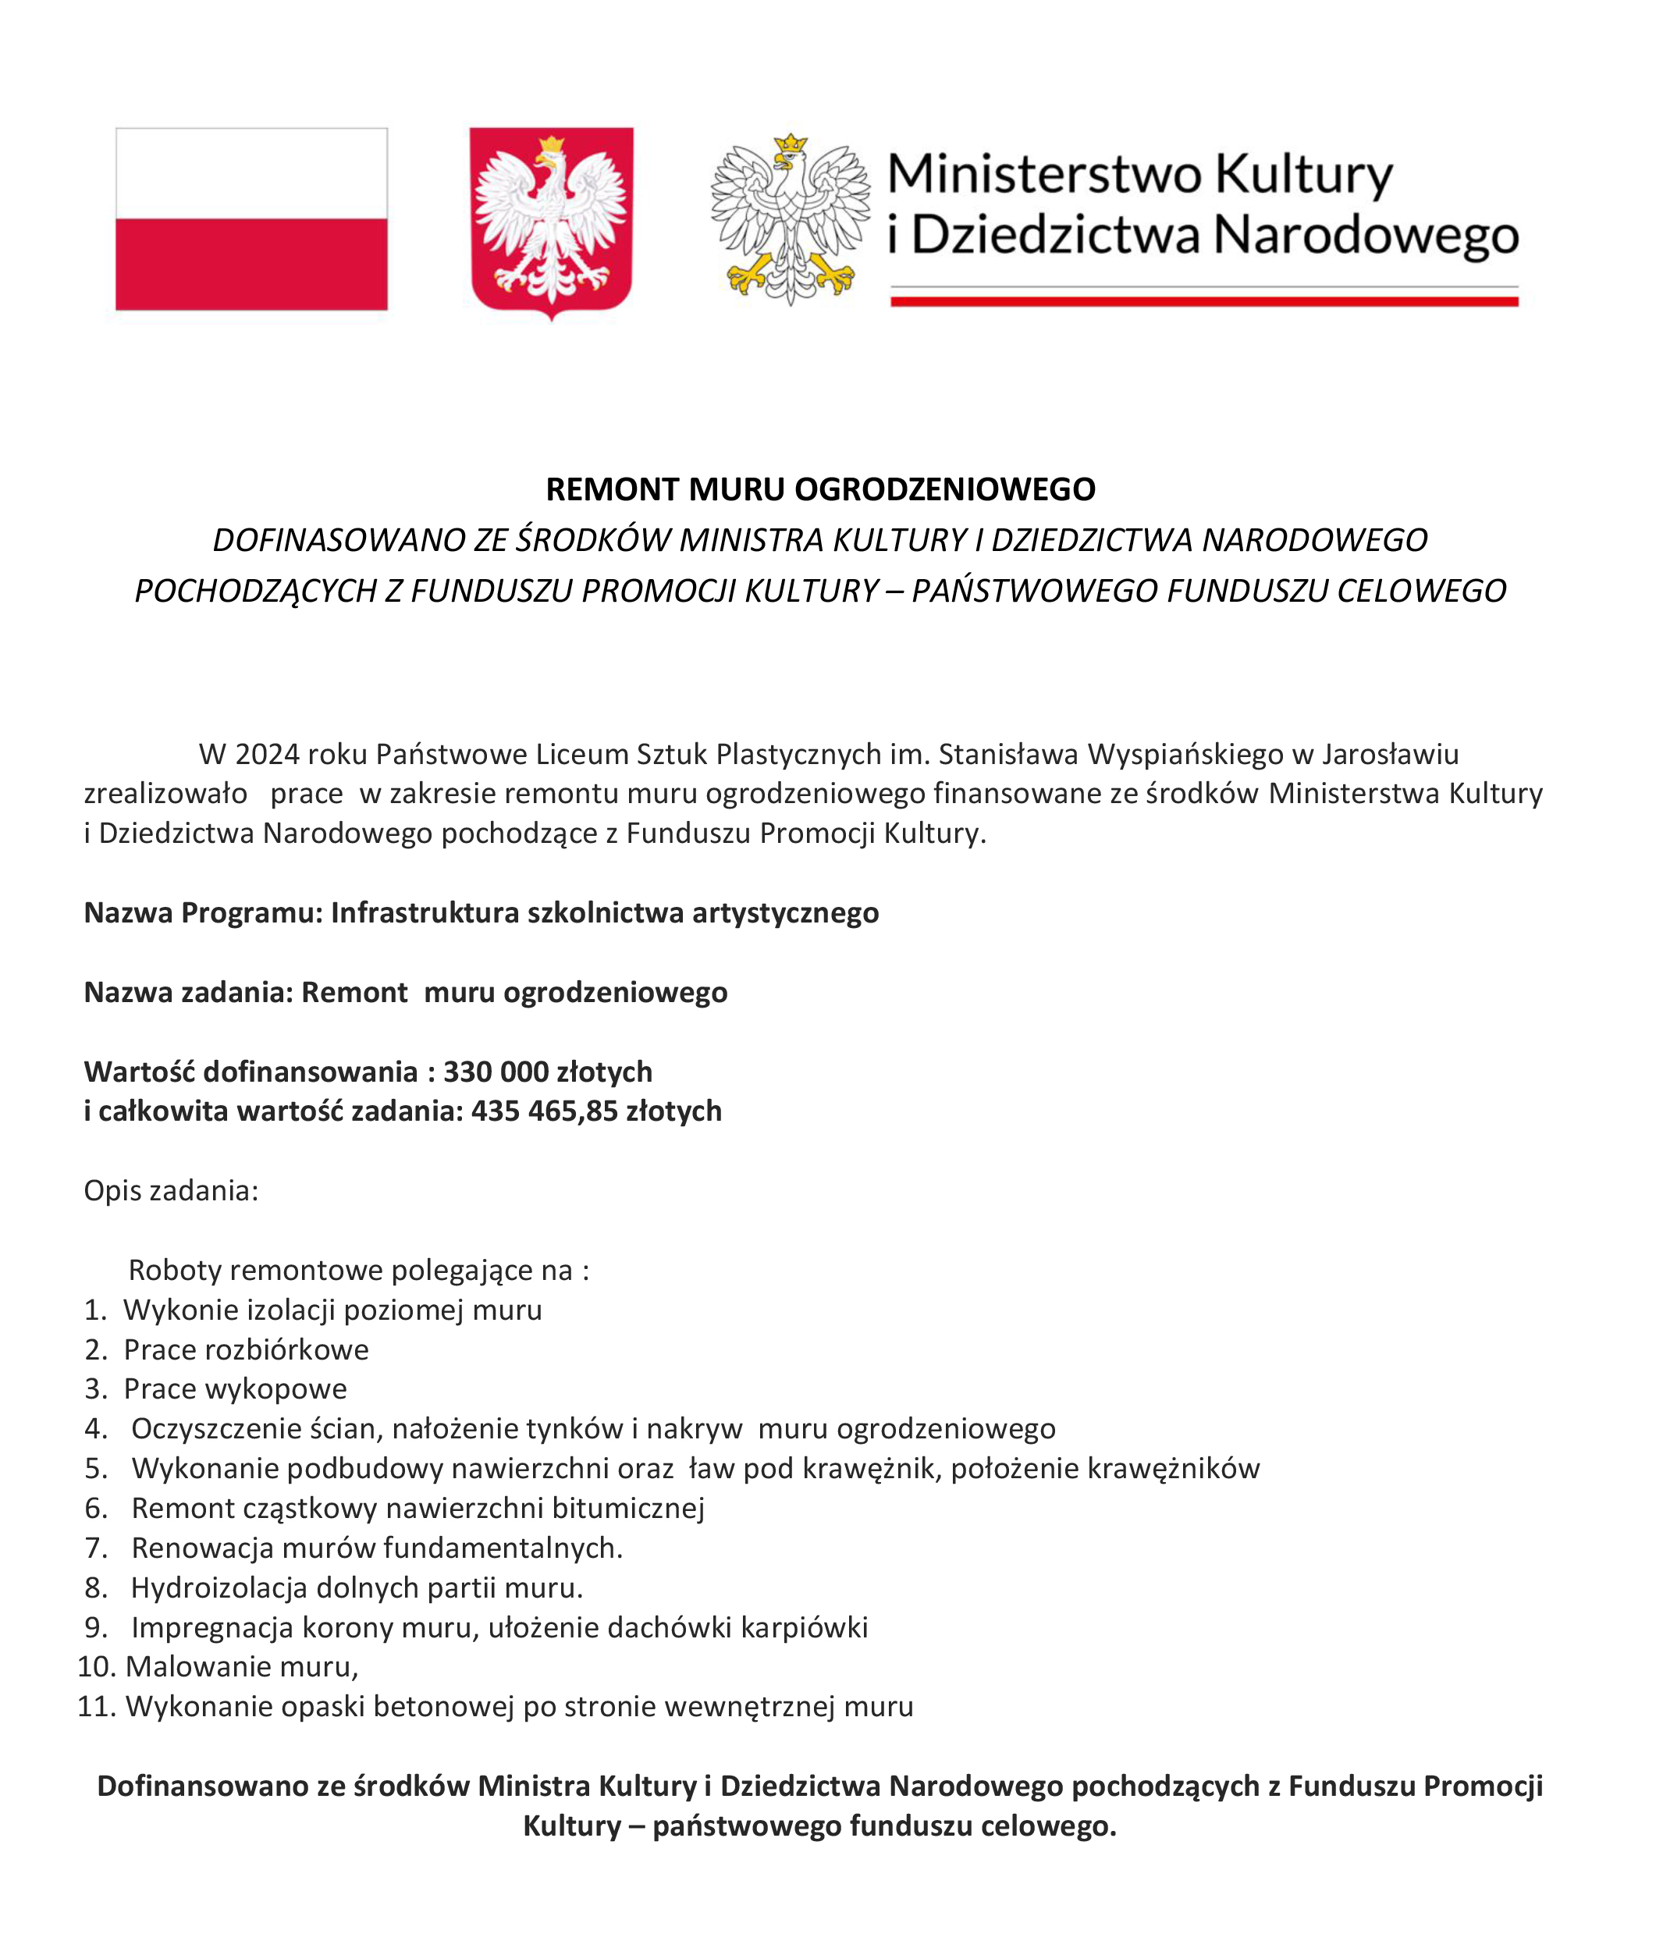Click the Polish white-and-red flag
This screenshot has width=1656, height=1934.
click(251, 219)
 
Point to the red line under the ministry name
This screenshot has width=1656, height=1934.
click(1204, 300)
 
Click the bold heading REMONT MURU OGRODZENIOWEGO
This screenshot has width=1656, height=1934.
click(820, 489)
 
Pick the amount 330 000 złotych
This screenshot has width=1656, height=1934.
click(547, 1072)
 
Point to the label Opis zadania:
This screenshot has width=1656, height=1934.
click(171, 1190)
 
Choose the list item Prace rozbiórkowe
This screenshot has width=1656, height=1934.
click(246, 1349)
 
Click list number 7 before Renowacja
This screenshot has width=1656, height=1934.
click(95, 1548)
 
